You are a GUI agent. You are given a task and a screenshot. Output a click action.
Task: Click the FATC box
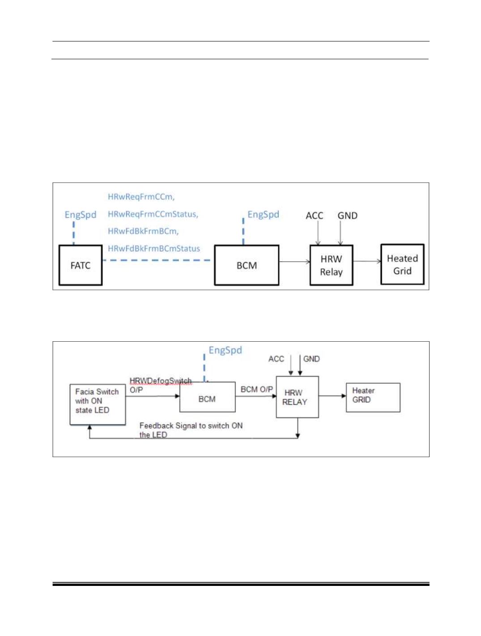(80, 265)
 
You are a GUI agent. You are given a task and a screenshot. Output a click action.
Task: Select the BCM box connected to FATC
(247, 265)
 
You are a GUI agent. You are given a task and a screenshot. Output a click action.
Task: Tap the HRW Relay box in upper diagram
(331, 265)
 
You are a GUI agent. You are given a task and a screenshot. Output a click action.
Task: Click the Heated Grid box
(402, 264)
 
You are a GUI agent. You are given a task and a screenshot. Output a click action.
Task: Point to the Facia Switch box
(98, 404)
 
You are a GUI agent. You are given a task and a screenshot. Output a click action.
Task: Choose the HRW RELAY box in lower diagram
(297, 397)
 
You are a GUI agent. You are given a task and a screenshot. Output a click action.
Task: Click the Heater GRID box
(373, 397)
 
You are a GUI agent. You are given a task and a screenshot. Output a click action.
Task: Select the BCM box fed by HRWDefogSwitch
(207, 397)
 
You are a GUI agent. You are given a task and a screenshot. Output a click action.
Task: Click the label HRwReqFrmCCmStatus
(153, 214)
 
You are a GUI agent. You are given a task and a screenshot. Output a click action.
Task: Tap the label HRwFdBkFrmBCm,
(143, 231)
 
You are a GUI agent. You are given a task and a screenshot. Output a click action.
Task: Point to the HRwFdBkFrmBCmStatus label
(154, 248)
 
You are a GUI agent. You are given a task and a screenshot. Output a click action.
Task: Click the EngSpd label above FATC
(80, 215)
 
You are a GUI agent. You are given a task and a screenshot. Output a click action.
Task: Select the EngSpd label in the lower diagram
(225, 350)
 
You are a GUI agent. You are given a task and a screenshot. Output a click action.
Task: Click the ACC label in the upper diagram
(314, 216)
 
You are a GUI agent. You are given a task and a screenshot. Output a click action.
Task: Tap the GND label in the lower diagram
(311, 359)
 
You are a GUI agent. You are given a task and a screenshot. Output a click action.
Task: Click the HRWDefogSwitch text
(160, 381)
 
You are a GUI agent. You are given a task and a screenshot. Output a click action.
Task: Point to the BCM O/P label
(256, 389)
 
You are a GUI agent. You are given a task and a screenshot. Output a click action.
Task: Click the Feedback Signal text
(191, 430)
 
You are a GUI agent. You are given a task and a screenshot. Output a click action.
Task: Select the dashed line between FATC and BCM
(157, 260)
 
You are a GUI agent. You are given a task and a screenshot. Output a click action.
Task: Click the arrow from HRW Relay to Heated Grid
(367, 261)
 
